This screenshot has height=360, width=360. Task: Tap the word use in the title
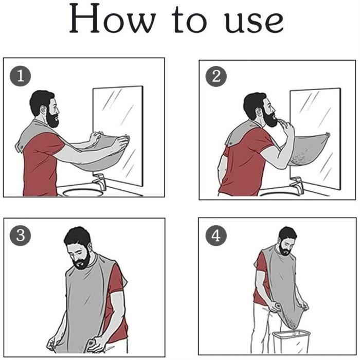tap(254, 22)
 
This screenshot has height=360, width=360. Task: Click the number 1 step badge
tap(20, 76)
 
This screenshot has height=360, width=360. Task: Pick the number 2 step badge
tap(216, 77)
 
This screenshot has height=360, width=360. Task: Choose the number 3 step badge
tap(20, 236)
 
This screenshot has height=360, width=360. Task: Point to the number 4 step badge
tap(216, 236)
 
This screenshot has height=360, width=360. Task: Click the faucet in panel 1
tap(100, 182)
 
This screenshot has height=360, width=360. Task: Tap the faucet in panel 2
tap(297, 184)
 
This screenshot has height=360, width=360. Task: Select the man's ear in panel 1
tap(43, 110)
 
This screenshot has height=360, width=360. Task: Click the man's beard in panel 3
tap(82, 261)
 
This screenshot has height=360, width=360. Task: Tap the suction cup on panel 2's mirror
tap(328, 135)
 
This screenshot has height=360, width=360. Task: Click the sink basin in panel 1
tap(82, 192)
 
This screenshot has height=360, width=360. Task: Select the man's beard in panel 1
tap(52, 118)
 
